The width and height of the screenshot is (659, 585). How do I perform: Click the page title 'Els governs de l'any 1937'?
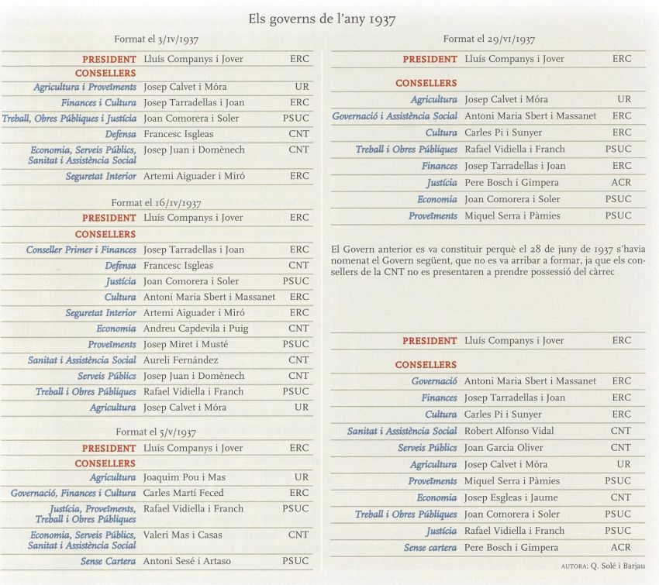click(x=322, y=19)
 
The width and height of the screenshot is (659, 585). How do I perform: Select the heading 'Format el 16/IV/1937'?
click(x=156, y=203)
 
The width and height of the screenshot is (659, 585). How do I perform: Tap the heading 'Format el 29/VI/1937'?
click(x=488, y=40)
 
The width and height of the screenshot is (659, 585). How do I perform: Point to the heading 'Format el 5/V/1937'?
click(x=156, y=432)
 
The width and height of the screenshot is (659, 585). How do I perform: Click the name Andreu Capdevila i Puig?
click(x=196, y=329)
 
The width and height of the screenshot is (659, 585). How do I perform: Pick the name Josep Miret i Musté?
click(x=186, y=344)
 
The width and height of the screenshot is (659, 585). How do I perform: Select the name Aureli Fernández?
click(x=181, y=360)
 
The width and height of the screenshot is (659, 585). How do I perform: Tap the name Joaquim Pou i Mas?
click(x=184, y=477)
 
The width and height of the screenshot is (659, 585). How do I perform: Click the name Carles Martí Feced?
click(x=183, y=493)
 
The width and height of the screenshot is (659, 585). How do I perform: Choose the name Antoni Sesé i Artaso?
click(x=187, y=561)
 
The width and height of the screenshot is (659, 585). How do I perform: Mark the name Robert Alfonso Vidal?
click(x=509, y=431)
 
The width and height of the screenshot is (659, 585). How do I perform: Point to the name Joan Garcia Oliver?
click(x=503, y=448)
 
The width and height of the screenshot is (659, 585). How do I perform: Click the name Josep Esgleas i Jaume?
click(x=511, y=497)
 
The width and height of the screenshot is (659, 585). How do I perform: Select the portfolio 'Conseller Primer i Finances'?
click(x=81, y=249)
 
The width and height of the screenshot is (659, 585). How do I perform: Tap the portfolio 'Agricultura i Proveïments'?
click(x=85, y=87)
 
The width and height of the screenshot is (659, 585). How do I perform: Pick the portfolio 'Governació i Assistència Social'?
click(x=395, y=116)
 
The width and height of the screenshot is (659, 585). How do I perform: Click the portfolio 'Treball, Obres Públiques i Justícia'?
click(x=69, y=119)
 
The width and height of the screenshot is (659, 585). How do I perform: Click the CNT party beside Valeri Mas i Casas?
click(x=298, y=535)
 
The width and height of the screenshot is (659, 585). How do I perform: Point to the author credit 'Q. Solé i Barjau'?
click(x=618, y=566)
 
